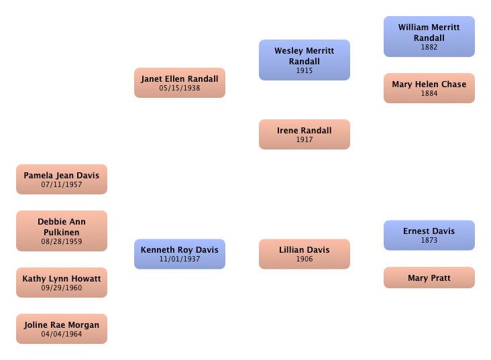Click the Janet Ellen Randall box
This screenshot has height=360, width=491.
(x=179, y=82)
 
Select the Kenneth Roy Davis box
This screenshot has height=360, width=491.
(x=179, y=253)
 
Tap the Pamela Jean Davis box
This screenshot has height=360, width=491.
(x=61, y=179)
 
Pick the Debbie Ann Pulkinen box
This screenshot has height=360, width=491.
(x=61, y=231)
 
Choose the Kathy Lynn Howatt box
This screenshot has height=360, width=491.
(x=61, y=282)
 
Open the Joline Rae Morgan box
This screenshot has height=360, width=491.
(x=61, y=328)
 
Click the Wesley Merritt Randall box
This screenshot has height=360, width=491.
(x=304, y=60)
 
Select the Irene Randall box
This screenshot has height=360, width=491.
(x=304, y=134)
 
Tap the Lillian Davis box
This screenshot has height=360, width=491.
(x=304, y=253)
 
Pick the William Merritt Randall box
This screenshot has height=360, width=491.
(x=429, y=36)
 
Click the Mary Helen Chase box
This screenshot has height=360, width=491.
(x=429, y=88)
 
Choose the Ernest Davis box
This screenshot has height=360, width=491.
(x=429, y=235)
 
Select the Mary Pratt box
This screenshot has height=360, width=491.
(x=429, y=278)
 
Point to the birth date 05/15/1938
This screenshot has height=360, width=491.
(x=179, y=88)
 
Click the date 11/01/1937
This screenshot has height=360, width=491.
(x=179, y=259)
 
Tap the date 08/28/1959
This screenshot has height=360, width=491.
(x=61, y=241)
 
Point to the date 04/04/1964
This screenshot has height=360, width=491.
(x=61, y=334)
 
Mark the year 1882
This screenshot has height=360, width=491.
(x=429, y=48)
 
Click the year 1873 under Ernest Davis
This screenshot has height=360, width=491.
(x=429, y=240)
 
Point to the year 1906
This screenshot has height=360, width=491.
(x=304, y=259)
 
